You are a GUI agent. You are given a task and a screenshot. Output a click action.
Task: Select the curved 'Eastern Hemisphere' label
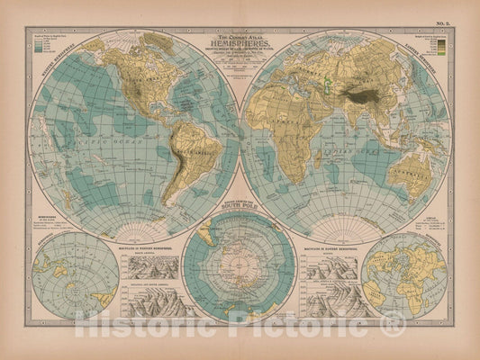click(423, 56)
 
